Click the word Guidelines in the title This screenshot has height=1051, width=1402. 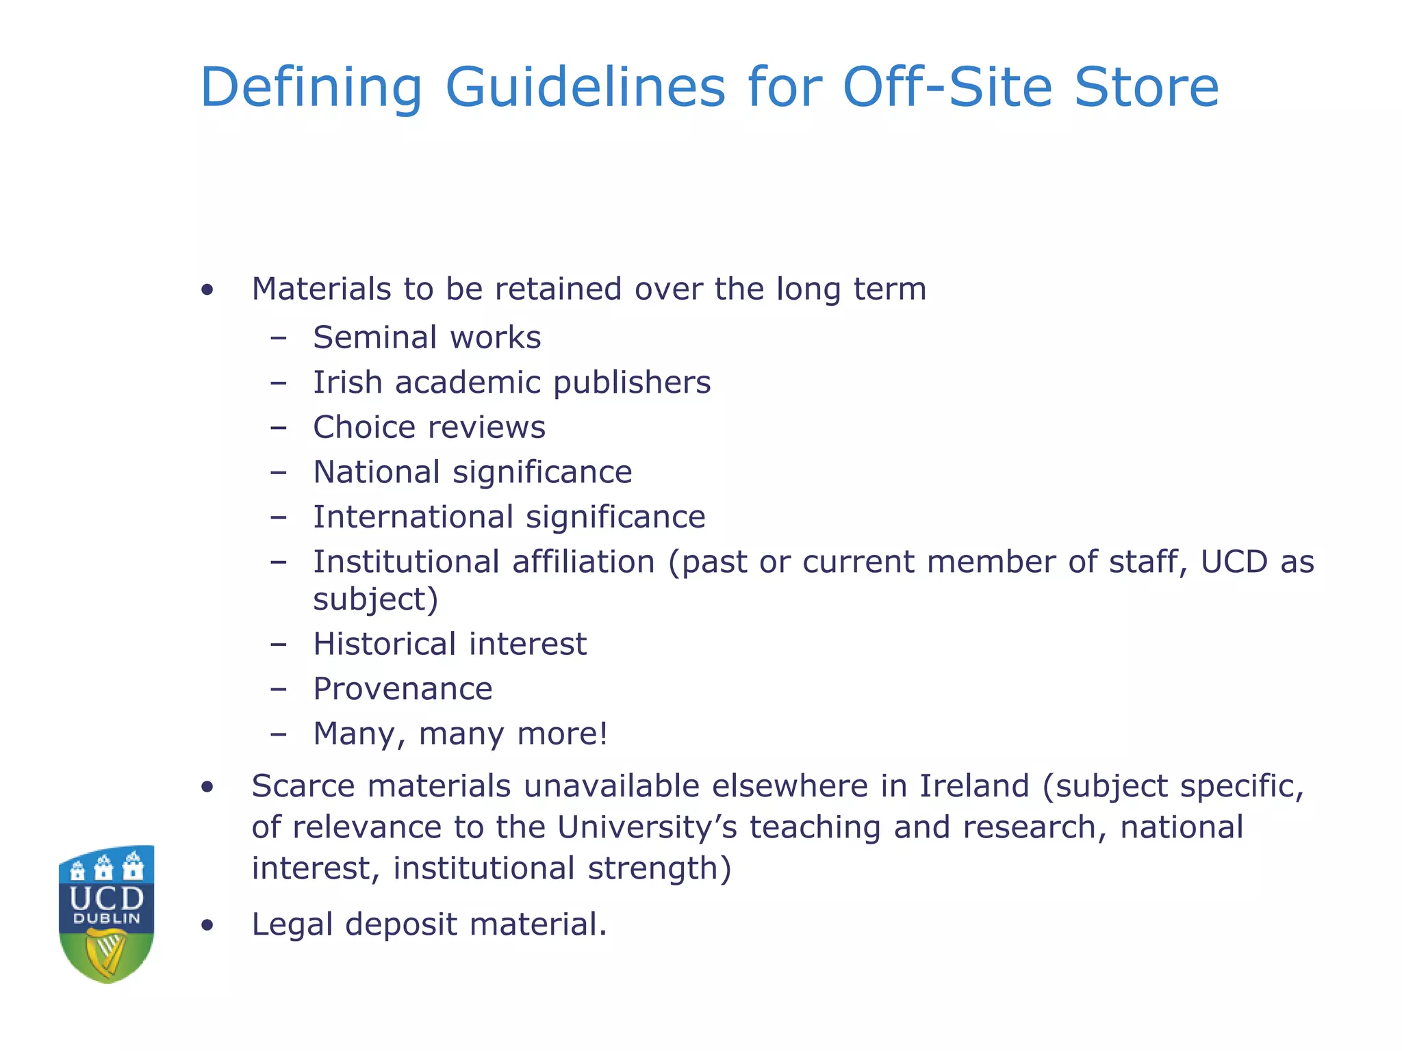pos(585,88)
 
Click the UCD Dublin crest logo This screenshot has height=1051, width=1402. pos(106,913)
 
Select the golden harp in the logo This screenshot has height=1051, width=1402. pos(107,954)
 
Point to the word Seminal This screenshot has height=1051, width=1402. pos(375,337)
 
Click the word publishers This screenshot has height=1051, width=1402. pos(632,382)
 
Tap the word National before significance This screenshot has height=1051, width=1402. pos(377,472)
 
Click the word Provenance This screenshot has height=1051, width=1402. pos(403,689)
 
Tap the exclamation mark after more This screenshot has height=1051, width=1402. pos(603,734)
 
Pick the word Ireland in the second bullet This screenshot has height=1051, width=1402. pos(973,786)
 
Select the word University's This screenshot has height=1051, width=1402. pos(647,827)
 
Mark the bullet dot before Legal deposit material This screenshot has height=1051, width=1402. pos(207,926)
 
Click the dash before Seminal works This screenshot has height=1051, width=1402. pos(278,337)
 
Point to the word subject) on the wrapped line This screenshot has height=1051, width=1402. pos(375,600)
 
